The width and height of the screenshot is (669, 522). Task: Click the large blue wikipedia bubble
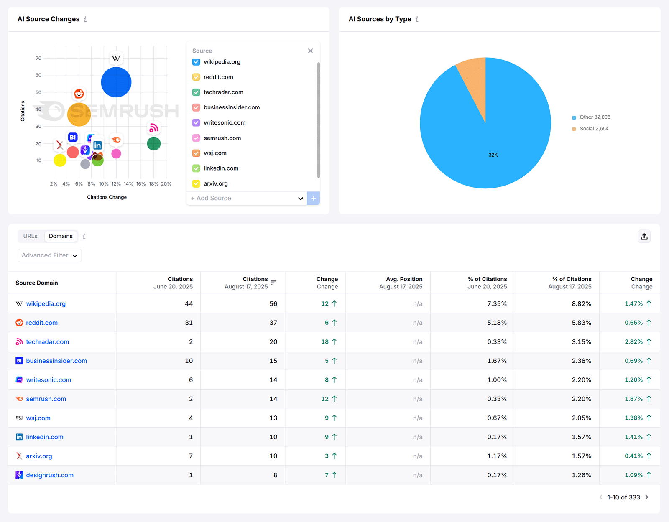click(x=116, y=82)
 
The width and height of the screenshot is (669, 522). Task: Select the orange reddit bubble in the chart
click(x=79, y=114)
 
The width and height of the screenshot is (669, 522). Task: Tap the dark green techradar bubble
click(x=154, y=144)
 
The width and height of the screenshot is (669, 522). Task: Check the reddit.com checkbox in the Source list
click(x=196, y=77)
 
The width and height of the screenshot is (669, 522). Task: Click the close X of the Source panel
click(x=310, y=51)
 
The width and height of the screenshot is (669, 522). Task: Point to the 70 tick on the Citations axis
click(x=38, y=59)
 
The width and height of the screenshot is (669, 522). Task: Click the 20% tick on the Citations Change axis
click(x=166, y=184)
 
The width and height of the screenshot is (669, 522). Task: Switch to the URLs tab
click(x=31, y=236)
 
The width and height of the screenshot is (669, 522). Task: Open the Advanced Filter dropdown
click(x=49, y=255)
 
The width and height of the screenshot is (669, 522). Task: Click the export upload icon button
click(x=644, y=237)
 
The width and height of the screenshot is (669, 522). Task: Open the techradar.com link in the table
click(x=47, y=342)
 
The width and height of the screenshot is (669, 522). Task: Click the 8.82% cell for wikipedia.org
click(x=581, y=304)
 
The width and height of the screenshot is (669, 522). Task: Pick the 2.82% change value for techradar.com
click(x=633, y=342)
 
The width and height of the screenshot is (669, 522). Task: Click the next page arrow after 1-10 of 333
click(x=647, y=497)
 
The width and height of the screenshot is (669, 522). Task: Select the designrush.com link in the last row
click(x=49, y=475)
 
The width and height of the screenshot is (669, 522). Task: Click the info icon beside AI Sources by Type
click(x=417, y=19)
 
